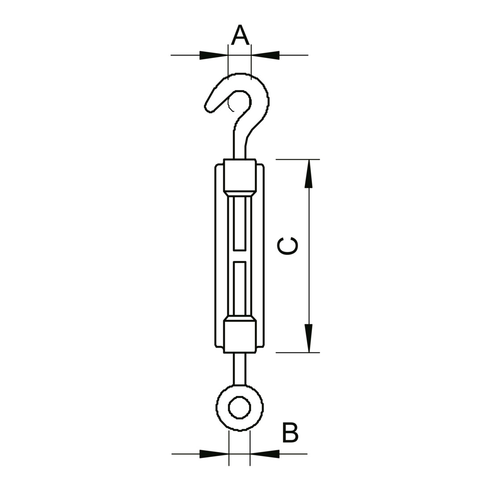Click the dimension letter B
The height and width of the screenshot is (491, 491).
[290, 433]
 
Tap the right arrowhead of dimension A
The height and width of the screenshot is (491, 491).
[265, 55]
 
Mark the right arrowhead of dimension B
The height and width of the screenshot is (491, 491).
[265, 454]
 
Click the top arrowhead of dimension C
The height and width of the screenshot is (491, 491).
[309, 174]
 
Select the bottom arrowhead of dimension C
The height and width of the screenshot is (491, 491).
[309, 338]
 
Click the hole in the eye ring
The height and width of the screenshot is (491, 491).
[240, 408]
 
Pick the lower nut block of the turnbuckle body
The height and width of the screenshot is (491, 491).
[240, 336]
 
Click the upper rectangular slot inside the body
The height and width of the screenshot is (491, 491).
[240, 224]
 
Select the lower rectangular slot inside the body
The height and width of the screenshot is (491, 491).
[240, 288]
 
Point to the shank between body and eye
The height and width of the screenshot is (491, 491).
[240, 369]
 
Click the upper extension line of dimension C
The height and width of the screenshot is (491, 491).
[297, 159]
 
